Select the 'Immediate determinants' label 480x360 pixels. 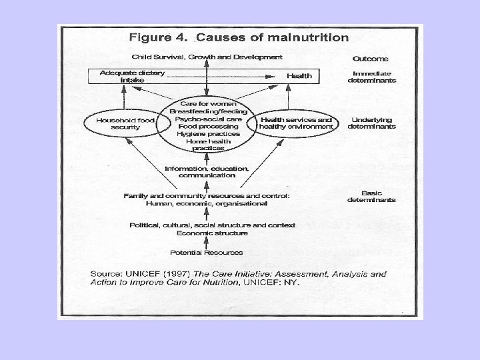(x=371, y=77)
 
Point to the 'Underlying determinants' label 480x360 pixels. (x=371, y=123)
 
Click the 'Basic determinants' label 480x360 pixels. (x=371, y=195)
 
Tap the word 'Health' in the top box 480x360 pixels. (x=299, y=76)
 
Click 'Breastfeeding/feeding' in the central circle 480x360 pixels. (x=207, y=111)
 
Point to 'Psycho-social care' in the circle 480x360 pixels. (x=207, y=119)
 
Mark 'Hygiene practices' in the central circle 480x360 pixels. (x=207, y=133)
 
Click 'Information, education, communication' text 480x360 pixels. (x=207, y=172)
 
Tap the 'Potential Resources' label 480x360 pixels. (x=207, y=253)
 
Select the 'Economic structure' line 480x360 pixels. (x=212, y=233)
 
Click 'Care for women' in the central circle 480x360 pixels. (x=207, y=104)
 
